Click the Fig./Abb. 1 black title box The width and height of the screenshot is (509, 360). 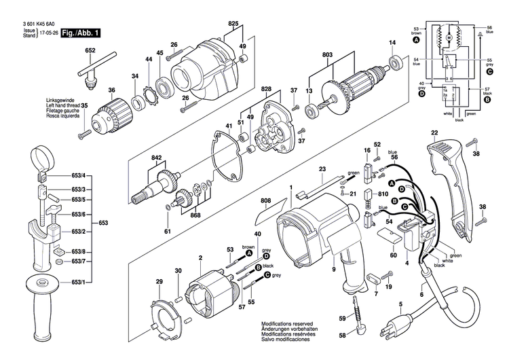79,32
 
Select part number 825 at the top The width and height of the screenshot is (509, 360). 233,24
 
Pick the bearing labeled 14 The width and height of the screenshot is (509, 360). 395,67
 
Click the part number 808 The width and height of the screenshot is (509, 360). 265,202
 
